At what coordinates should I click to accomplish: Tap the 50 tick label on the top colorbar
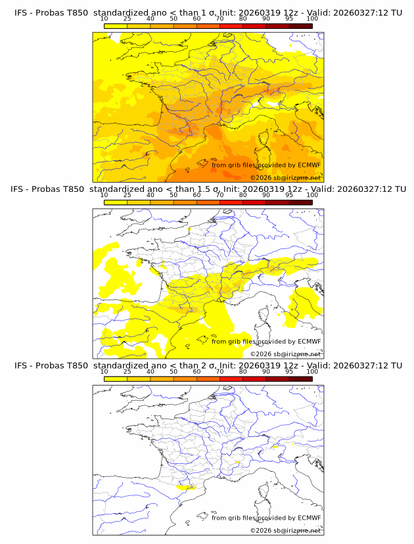[173, 19]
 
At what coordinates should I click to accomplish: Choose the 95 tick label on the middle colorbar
[289, 195]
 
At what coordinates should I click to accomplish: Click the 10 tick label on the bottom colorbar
[104, 371]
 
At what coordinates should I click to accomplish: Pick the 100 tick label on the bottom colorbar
[312, 371]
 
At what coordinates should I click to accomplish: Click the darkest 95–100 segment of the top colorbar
[300, 26]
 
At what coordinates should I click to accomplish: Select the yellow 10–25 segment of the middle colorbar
[116, 202]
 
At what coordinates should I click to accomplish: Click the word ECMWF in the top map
[310, 166]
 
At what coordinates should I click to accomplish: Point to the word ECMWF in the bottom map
[310, 518]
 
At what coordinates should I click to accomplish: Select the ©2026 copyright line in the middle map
[286, 354]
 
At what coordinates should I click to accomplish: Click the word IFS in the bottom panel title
[21, 365]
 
